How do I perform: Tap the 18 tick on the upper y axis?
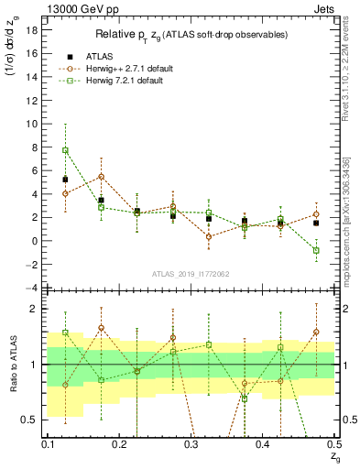coord(37,29)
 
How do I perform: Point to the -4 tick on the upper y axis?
coord(35,289)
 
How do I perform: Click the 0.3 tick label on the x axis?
coord(191,444)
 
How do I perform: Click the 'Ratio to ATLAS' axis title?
coord(13,365)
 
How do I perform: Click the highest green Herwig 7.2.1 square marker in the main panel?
coord(65,150)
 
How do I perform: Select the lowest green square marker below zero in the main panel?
coord(316,250)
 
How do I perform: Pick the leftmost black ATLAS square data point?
coord(65,180)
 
